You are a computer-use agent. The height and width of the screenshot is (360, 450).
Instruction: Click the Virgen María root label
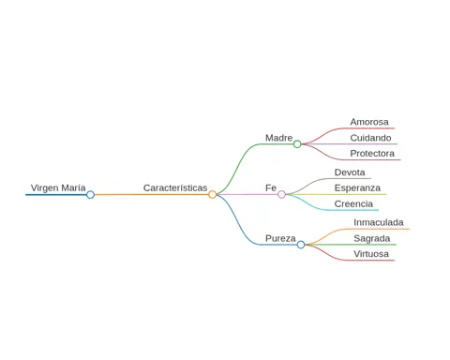pos(58,188)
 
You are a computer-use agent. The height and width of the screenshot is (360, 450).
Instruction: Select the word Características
pos(175,187)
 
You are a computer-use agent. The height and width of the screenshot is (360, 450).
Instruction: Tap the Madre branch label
pos(279,138)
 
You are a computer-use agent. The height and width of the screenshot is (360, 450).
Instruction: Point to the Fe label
pos(271,187)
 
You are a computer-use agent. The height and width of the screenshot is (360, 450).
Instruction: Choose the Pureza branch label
pos(280,238)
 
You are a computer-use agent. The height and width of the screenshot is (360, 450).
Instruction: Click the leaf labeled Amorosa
pos(369,122)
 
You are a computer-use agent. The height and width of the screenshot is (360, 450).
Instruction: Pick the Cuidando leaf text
pos(370,138)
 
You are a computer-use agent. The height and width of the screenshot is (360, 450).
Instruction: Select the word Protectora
pos(372,154)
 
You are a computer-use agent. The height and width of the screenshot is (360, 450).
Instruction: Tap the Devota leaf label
pos(350,172)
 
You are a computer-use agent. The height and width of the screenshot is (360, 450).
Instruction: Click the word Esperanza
pos(357,188)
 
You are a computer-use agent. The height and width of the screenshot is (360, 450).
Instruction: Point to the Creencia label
pos(353,203)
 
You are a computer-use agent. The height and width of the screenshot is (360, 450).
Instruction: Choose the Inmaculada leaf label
pos(379,222)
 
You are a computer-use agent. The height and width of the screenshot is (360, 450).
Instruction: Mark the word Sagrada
pos(372,238)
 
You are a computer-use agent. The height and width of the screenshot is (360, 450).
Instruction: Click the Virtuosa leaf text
pos(371,254)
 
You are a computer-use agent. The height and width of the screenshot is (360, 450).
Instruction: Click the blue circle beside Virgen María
pos(90,195)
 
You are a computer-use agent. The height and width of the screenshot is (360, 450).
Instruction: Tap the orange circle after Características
pos(213,194)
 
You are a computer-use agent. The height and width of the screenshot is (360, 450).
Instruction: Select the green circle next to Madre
pos(297,144)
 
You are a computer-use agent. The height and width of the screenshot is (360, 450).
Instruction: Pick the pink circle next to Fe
pos(281,194)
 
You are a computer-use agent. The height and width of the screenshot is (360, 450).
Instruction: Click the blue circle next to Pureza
pos(301,245)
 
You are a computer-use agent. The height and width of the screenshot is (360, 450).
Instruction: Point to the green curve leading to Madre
pos(236,169)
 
